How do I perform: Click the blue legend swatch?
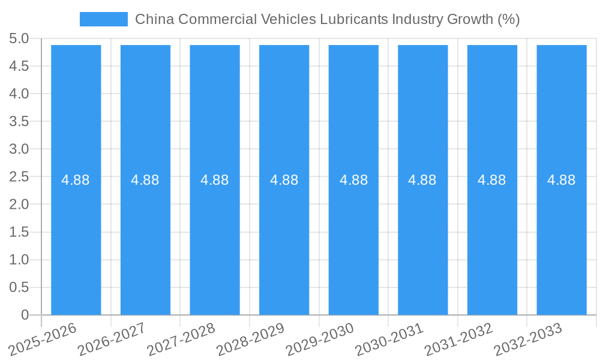pyautogui.click(x=103, y=19)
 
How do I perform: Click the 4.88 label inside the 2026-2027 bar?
pyautogui.click(x=145, y=180)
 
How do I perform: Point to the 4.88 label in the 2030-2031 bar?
pyautogui.click(x=422, y=180)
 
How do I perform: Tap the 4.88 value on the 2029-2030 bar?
pyautogui.click(x=353, y=180)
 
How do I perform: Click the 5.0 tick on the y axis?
pyautogui.click(x=19, y=39)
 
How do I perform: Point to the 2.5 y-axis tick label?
pyautogui.click(x=19, y=177)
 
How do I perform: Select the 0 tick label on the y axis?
pyautogui.click(x=25, y=315)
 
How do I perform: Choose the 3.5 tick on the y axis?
pyautogui.click(x=19, y=122)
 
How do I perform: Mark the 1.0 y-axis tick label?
pyautogui.click(x=19, y=260)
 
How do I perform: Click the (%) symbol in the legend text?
pyautogui.click(x=508, y=19)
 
